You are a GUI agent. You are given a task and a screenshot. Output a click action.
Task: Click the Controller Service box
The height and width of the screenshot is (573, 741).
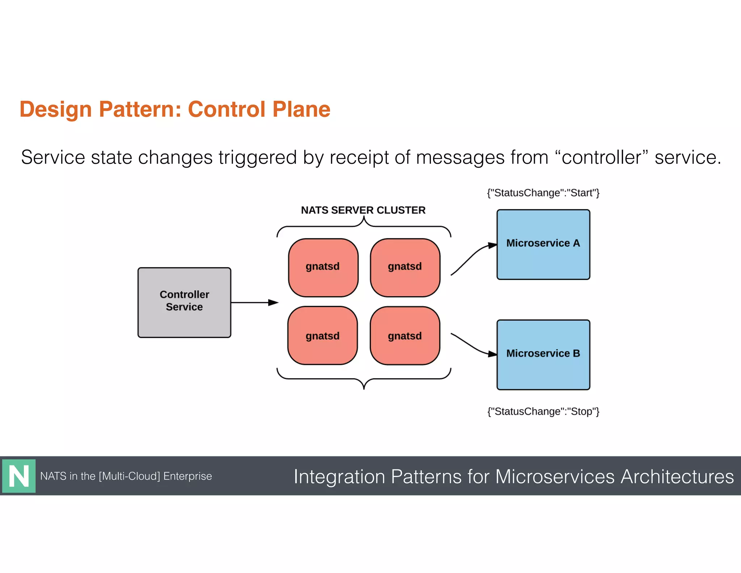(x=184, y=302)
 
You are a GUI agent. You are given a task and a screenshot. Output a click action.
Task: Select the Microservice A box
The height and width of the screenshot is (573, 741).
(x=543, y=244)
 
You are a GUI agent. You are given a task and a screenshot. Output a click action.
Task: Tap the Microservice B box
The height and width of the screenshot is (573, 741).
(x=543, y=355)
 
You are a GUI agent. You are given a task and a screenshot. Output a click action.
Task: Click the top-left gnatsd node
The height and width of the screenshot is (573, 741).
(x=323, y=267)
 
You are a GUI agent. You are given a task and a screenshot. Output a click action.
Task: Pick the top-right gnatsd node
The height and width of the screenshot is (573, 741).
(x=405, y=267)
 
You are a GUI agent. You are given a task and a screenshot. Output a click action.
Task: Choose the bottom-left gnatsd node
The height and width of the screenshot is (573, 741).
(x=322, y=336)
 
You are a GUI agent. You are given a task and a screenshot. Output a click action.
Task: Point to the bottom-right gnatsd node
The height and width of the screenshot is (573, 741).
(x=405, y=336)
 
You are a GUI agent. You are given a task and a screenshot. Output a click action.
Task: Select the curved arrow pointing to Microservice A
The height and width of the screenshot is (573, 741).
(x=472, y=258)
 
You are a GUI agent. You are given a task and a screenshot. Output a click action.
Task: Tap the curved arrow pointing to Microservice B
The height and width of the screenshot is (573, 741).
(x=472, y=346)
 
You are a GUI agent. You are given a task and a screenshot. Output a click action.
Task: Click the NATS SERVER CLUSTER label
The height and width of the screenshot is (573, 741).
(x=363, y=210)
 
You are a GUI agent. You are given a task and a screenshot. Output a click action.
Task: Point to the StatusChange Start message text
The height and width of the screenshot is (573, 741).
(x=543, y=193)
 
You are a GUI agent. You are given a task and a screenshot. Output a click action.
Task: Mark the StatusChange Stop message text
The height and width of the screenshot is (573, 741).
(x=543, y=411)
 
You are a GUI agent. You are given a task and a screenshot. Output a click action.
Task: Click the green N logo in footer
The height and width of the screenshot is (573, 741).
(x=19, y=476)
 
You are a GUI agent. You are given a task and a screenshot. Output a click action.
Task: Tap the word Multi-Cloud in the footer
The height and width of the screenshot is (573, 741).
(x=130, y=476)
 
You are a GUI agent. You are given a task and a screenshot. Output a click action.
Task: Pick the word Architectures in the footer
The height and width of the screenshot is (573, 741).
(x=677, y=477)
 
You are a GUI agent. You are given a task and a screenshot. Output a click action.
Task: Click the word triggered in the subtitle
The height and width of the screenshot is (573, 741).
(x=258, y=158)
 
